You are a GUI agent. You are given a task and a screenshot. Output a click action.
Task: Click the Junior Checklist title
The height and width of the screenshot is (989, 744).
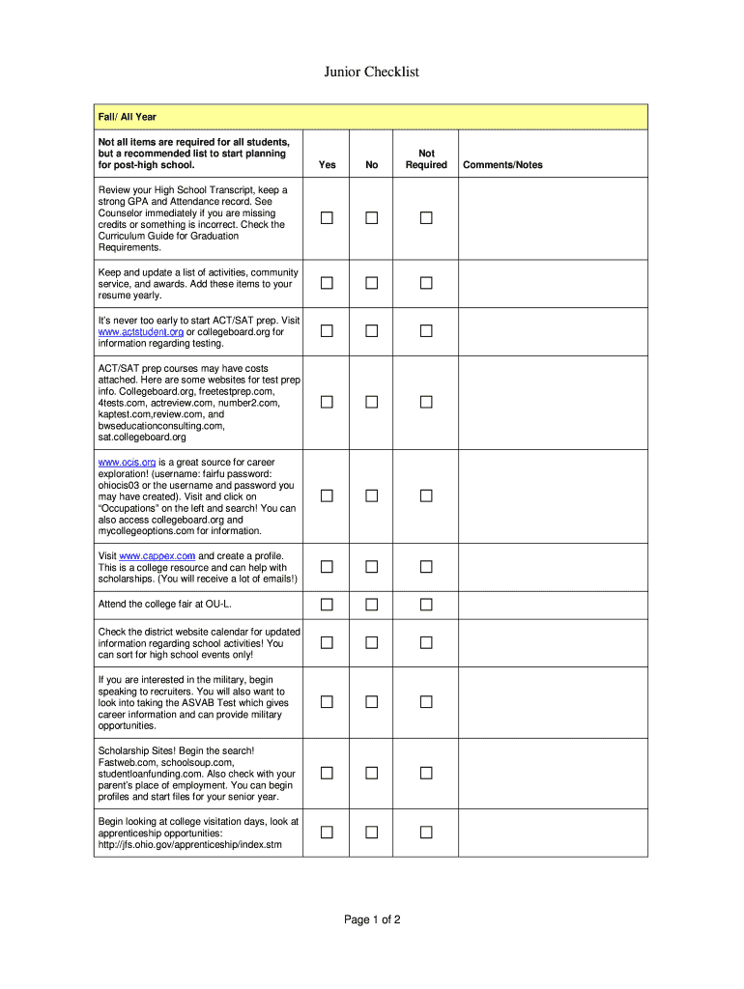point(371,72)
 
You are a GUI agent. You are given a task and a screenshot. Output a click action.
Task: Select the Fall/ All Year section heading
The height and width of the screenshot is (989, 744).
point(127,117)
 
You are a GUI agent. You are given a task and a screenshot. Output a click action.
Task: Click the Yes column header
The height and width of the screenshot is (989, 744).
point(328,165)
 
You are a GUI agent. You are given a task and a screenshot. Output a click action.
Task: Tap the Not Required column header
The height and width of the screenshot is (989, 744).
point(426,159)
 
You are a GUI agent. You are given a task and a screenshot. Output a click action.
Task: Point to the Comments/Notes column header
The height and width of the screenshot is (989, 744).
point(502,165)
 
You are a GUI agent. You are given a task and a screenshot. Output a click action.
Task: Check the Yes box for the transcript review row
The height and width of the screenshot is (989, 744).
point(328,218)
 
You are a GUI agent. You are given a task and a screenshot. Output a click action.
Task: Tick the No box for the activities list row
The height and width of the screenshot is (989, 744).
point(372,283)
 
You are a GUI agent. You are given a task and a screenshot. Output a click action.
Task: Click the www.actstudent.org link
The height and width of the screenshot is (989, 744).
point(141,332)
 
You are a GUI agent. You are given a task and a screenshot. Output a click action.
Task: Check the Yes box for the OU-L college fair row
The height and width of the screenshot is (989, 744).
point(328,605)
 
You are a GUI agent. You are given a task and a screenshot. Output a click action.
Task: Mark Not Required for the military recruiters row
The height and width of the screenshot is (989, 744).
point(426,701)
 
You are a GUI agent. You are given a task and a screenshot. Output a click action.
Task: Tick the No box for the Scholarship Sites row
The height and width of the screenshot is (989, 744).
point(372,773)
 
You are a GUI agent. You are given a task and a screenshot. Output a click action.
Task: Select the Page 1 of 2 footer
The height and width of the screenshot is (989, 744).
point(372,919)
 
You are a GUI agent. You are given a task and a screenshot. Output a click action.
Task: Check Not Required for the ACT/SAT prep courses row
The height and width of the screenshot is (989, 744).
point(426,402)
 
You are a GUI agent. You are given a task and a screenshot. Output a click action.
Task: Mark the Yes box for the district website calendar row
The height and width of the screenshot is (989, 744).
point(328,642)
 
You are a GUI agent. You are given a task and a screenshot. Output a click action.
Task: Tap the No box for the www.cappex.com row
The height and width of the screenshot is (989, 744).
point(372,567)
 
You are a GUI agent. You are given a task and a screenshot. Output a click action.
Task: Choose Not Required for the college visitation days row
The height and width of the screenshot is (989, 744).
point(426,833)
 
